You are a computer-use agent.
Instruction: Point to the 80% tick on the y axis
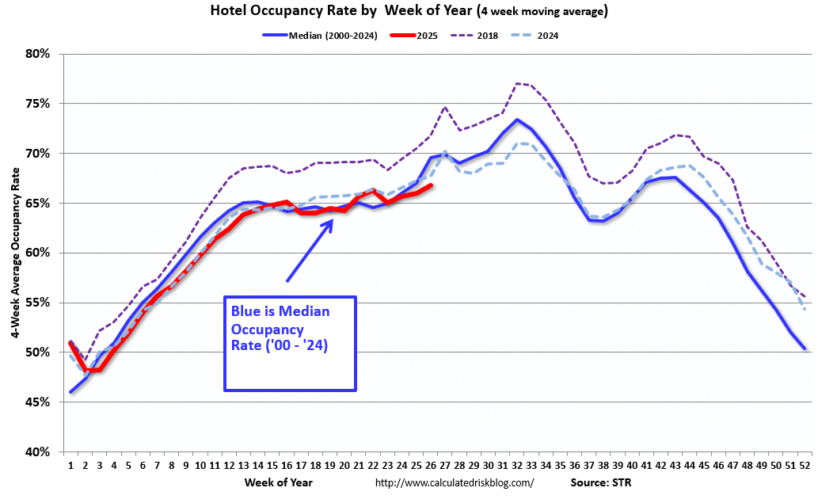37,54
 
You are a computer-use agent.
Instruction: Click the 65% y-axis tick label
37,204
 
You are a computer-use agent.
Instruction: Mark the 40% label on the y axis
37,452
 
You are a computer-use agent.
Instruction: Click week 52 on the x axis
804,465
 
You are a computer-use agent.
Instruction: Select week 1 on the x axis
70,465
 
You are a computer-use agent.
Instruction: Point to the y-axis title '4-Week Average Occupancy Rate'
15,252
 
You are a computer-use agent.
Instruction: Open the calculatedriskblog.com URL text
454,482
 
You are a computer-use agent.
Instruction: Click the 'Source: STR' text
600,482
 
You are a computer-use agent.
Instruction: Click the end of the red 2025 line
431,185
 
